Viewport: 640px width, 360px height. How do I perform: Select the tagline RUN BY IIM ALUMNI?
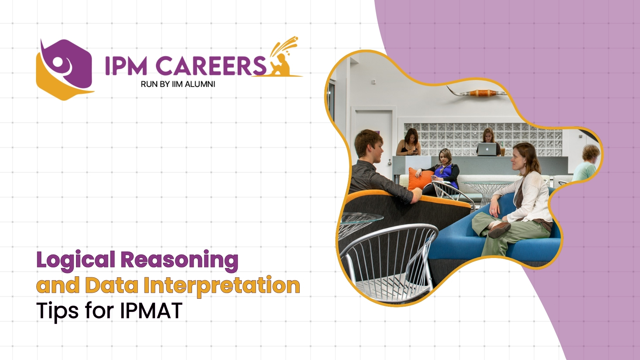(x=178, y=84)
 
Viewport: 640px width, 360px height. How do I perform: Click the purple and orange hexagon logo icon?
(x=64, y=69)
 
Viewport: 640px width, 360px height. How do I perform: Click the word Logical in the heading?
(x=76, y=260)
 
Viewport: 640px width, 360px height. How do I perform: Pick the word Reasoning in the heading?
(x=179, y=260)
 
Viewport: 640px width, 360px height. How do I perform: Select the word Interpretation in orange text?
(x=222, y=286)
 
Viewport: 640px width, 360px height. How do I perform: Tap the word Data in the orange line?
(x=111, y=286)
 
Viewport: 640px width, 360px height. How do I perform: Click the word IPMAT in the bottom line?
(x=151, y=311)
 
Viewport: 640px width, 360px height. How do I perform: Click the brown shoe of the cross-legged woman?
(x=499, y=230)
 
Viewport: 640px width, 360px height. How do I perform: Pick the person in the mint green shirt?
(x=587, y=165)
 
